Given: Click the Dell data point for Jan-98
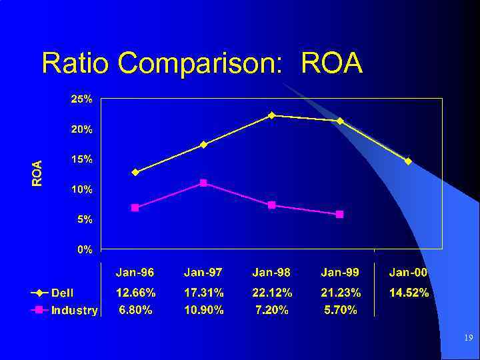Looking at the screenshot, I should coord(271,115).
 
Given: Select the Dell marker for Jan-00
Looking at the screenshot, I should coord(408,161).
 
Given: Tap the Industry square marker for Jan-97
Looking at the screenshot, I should coord(203,183).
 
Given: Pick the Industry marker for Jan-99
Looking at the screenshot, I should coord(339,214).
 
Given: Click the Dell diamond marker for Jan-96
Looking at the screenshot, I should coord(135,172).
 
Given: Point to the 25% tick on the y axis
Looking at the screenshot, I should coord(82,99).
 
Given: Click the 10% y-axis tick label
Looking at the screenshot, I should coord(82,189).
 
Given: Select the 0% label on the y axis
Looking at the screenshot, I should coord(85,249).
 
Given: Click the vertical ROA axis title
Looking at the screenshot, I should coord(38,173).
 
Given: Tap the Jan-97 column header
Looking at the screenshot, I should coord(203,272).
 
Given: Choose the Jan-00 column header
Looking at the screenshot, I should coord(408,272).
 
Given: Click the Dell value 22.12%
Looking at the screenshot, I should coord(272,293).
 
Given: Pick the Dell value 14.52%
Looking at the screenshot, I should coord(409,293).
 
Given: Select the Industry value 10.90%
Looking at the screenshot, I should coord(203,310).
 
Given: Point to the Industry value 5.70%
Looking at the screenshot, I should coord(340,310).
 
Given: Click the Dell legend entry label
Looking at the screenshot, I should coord(63,293).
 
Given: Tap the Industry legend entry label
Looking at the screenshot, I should coord(75,310).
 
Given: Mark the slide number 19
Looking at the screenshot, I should coord(469,339).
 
